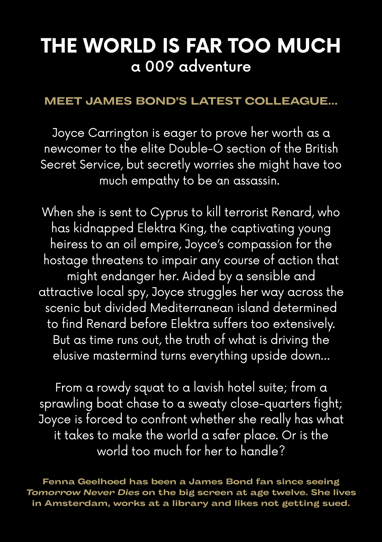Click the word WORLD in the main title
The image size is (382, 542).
pyautogui.click(x=119, y=45)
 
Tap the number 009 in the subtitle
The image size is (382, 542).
pyautogui.click(x=159, y=66)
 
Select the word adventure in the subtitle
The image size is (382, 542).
pyautogui.click(x=215, y=66)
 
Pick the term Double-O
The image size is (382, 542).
pyautogui.click(x=196, y=149)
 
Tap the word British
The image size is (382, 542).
pyautogui.click(x=322, y=149)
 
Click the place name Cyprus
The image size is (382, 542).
pyautogui.click(x=169, y=212)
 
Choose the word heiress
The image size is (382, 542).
pyautogui.click(x=69, y=244)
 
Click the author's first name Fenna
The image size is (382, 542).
pyautogui.click(x=58, y=482)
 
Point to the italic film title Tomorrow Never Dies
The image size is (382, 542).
pyautogui.click(x=83, y=492)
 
